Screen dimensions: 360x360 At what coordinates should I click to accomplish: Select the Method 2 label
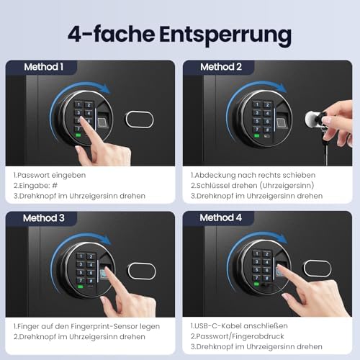coord(221,67)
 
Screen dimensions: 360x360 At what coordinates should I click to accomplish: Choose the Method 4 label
coord(221,217)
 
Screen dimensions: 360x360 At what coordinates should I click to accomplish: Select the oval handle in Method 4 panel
coord(318,269)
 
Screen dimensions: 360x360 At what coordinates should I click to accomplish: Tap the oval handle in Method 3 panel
coord(141,271)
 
